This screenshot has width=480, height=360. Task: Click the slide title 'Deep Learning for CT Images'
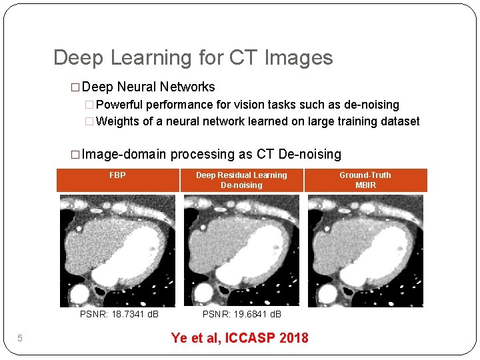coord(193,58)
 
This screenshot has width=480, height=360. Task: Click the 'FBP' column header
coord(117,175)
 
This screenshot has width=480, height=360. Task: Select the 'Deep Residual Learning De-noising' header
coord(241,180)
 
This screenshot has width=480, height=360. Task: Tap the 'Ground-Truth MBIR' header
coord(365,180)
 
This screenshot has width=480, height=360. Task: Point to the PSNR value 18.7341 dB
coord(119,314)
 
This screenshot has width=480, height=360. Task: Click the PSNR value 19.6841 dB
coord(243,314)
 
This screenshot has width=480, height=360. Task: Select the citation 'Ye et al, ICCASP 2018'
coord(239,337)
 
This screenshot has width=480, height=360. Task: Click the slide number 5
coord(20,339)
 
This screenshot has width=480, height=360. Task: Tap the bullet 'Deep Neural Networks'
coord(149,87)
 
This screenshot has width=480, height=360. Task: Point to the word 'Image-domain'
coord(124,155)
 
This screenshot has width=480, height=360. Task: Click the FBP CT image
coord(117,251)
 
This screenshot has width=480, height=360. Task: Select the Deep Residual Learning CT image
coord(241,251)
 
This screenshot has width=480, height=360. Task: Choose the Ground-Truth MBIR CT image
coord(365,251)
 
